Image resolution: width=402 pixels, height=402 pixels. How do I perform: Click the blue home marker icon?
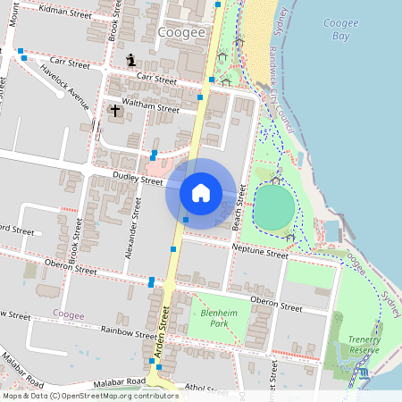click(201, 193)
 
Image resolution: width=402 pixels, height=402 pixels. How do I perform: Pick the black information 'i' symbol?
click(132, 60)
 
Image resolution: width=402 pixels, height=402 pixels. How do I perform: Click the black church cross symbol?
click(114, 111)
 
